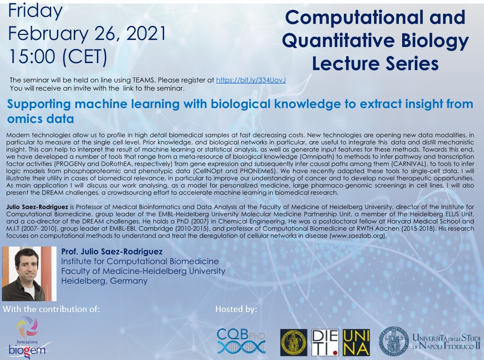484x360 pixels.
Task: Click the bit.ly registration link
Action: click(251, 80)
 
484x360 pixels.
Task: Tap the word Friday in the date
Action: click(35, 11)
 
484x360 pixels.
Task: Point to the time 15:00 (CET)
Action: click(58, 57)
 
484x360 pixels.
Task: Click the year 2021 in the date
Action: click(146, 33)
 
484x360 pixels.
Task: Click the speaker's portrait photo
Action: click(29, 273)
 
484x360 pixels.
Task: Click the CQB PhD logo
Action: click(241, 341)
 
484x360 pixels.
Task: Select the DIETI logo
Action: click(325, 343)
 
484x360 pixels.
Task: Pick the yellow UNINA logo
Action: click(356, 343)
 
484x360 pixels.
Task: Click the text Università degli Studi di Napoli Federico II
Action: click(446, 342)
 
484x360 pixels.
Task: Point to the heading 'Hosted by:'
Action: click(236, 309)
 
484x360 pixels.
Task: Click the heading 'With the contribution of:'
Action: click(51, 309)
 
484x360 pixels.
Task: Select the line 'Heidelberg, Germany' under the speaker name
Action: click(104, 280)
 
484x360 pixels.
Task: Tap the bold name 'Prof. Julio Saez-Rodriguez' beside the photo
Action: click(112, 252)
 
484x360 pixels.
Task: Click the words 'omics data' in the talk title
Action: click(40, 119)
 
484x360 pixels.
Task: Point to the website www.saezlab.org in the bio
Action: click(357, 236)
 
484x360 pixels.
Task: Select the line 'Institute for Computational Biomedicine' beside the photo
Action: click(140, 261)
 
